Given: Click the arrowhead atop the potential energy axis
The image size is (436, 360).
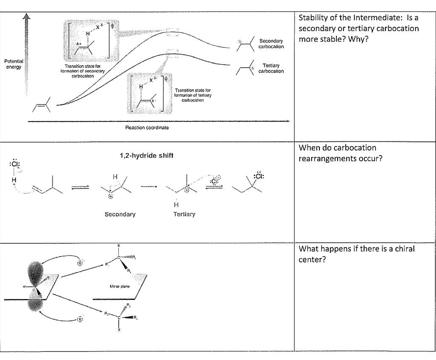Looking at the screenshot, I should (27, 16).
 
